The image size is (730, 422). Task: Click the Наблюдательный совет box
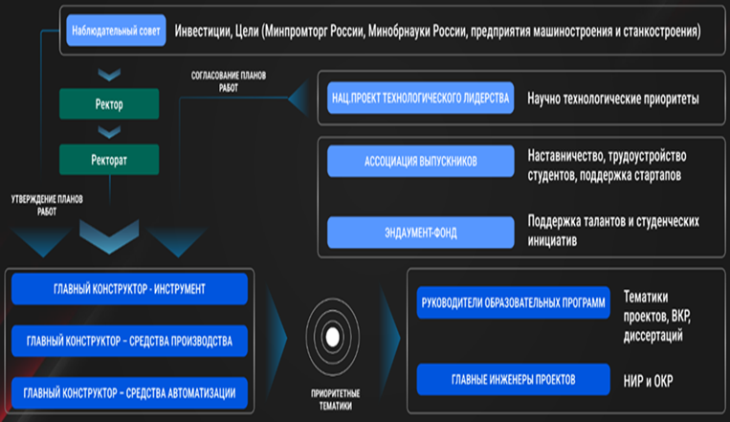116,31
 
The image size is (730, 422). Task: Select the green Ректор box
109,104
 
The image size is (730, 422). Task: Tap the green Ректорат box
109,160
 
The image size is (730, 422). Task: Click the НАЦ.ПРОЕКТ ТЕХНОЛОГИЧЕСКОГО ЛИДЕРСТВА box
420,98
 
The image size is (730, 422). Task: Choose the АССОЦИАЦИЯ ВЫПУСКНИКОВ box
420,161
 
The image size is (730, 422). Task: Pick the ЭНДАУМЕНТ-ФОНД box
420,233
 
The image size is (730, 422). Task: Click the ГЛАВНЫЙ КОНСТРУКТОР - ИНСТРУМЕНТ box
129,289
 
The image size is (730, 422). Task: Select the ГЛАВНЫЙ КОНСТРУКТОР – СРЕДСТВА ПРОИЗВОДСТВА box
129,341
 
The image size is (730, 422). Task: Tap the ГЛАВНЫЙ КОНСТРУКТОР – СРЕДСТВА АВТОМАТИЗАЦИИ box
129,393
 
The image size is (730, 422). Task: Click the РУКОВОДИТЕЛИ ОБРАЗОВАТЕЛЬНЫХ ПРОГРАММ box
513,302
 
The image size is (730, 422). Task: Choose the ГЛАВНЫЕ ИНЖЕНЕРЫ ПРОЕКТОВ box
513,380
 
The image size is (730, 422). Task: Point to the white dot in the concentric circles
332,337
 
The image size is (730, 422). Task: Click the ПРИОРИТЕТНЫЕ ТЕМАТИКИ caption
335,400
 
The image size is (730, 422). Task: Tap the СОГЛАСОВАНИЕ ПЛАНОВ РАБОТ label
229,81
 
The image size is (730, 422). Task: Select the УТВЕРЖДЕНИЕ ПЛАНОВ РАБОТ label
47,206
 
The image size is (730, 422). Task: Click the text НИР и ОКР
648,381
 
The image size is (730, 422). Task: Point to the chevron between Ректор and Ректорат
109,132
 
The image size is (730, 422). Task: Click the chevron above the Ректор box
109,75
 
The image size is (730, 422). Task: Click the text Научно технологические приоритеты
613,99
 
